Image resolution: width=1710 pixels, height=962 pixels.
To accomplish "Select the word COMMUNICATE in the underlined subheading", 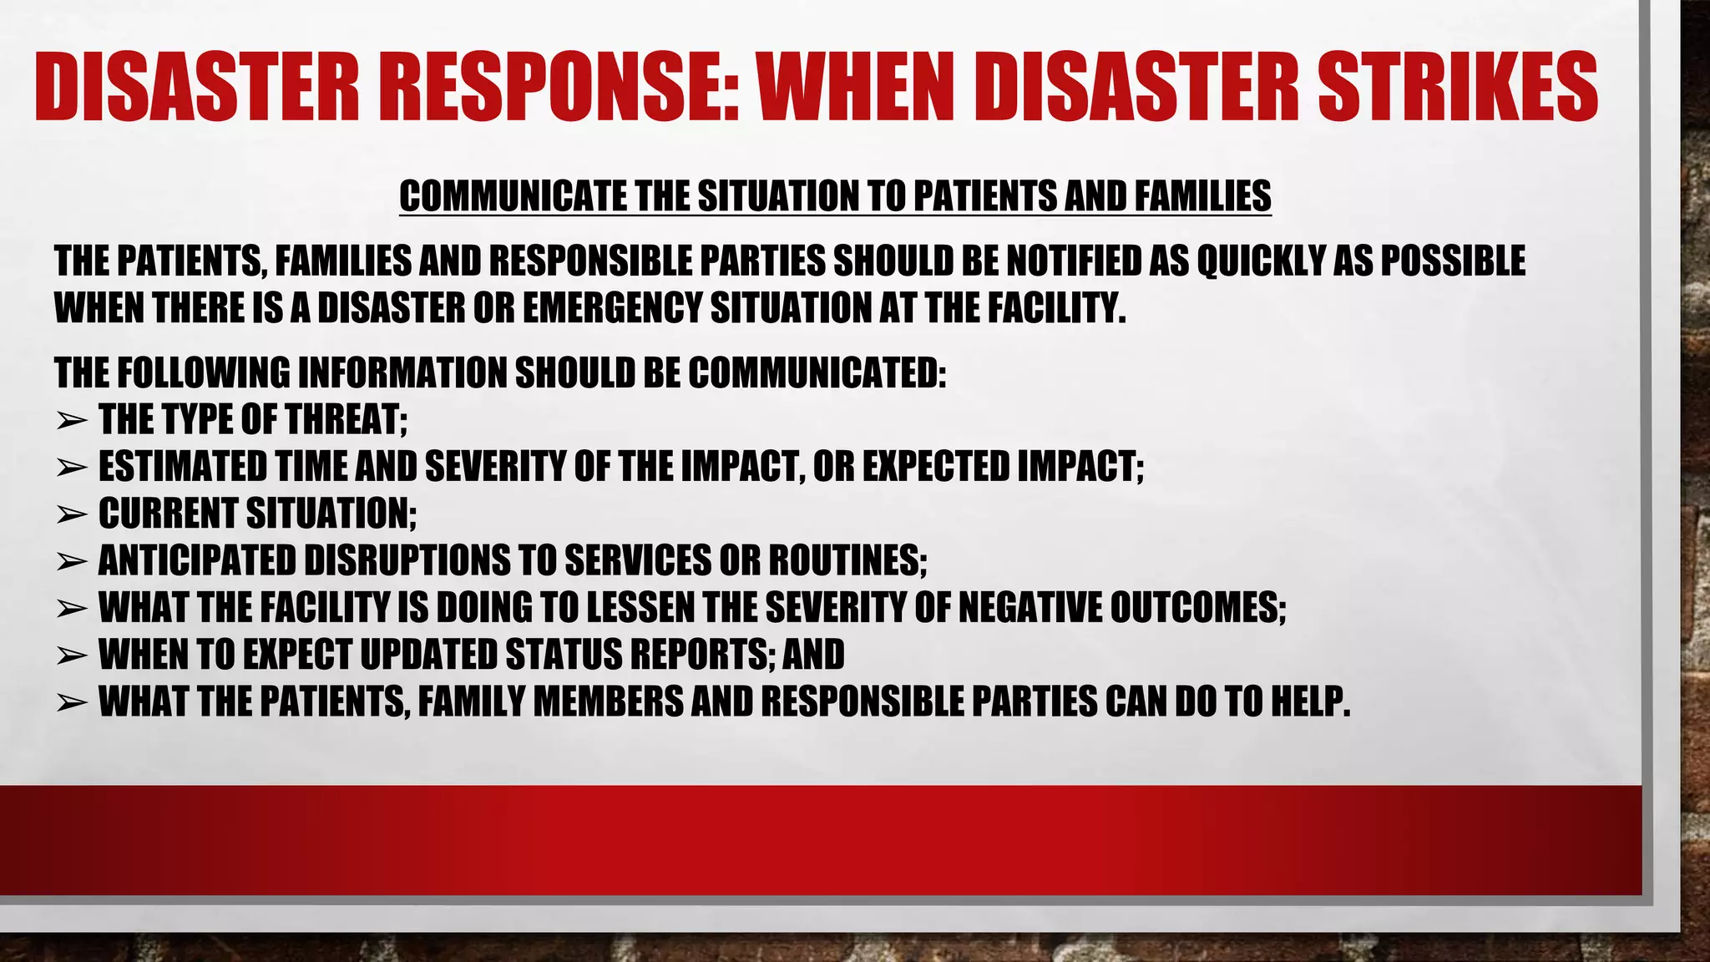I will tap(513, 196).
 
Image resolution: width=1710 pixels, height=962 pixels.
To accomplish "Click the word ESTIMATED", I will tap(183, 467).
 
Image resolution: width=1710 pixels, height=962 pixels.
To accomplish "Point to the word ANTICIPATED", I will tap(197, 560).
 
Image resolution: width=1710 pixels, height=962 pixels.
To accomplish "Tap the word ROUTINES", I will tap(847, 560).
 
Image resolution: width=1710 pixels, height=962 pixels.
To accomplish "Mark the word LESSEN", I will tap(641, 608).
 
